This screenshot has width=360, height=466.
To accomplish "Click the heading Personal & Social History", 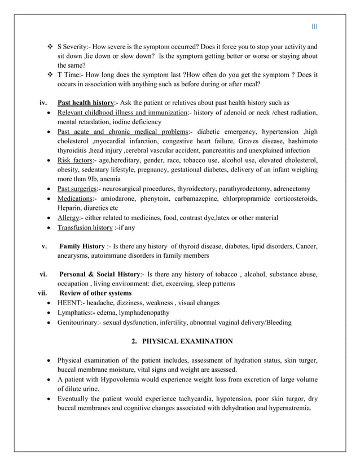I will [99, 274].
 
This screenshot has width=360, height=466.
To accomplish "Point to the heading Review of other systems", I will [95, 293].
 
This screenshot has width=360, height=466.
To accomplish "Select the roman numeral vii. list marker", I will [37, 293].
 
